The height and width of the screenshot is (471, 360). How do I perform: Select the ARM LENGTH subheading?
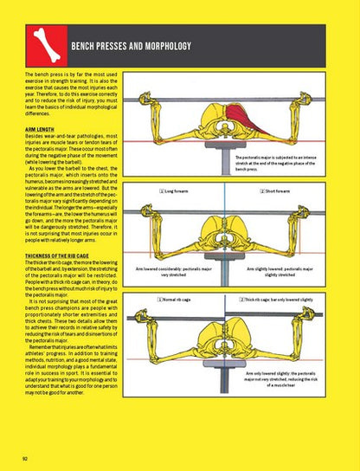[x=45, y=129]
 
